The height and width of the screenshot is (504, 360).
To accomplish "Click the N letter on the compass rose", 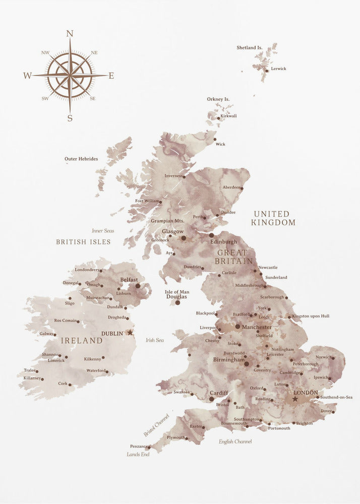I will (70, 34).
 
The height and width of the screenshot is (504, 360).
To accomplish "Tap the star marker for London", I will (295, 399).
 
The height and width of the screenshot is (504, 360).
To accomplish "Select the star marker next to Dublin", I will (130, 333).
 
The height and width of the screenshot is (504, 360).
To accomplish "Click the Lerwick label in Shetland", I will (278, 69).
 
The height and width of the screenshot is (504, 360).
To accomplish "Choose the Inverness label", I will (174, 176).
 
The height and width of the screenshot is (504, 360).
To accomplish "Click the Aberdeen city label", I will (232, 187).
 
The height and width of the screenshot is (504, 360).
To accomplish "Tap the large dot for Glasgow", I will (184, 238).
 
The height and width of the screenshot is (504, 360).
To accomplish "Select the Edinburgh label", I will (223, 242).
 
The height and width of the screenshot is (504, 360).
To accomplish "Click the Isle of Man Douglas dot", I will (177, 303).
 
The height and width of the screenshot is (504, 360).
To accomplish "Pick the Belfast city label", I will (129, 279).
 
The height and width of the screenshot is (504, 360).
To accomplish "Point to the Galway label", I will (46, 334).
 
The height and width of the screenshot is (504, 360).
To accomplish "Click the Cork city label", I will (63, 384).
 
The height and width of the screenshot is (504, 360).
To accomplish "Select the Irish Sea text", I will (155, 340).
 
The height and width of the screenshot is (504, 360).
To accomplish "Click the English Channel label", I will (235, 442).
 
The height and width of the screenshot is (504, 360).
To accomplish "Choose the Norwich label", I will (324, 357).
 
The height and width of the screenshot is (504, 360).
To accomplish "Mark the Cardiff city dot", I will (212, 399).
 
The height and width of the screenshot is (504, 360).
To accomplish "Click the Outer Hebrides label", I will (81, 159).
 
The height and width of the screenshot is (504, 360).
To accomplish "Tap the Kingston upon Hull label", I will (311, 316).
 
